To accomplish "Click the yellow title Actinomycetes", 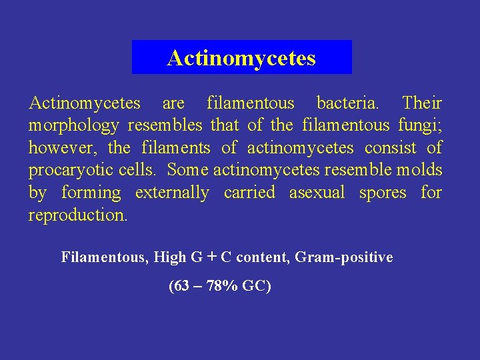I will (x=241, y=58).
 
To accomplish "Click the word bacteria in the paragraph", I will (x=348, y=103).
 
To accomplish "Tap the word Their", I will (x=422, y=103).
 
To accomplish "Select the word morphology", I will (x=73, y=125).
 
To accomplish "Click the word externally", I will (x=172, y=193).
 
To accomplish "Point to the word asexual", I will (x=317, y=193).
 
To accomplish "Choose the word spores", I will (x=383, y=193).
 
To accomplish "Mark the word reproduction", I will (x=77, y=215).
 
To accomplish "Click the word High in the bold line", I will (x=171, y=257).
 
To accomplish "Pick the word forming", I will (x=91, y=193).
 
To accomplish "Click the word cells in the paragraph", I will (x=139, y=170).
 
